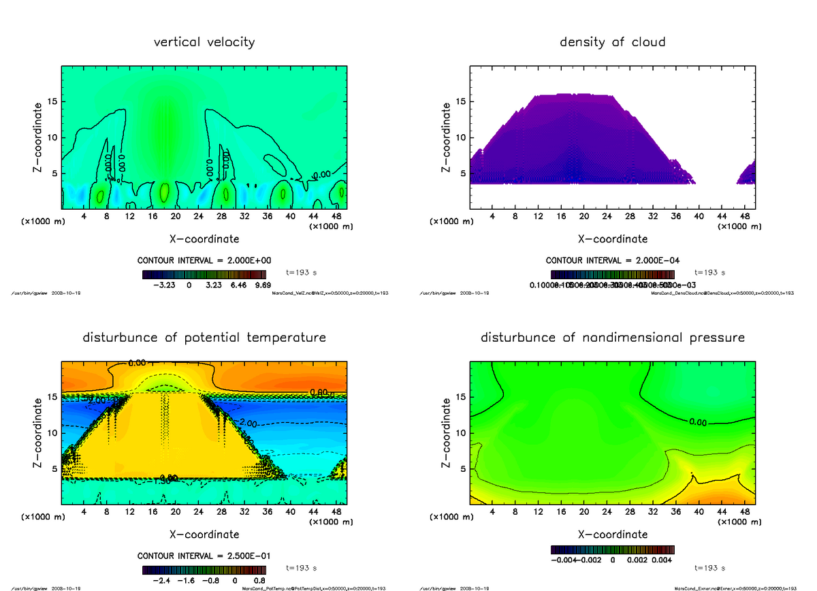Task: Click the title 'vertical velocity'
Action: (204, 42)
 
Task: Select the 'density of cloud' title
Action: (612, 42)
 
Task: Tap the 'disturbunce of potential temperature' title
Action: (204, 338)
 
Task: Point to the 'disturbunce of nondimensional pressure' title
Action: (612, 338)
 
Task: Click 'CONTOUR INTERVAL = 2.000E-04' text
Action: (612, 260)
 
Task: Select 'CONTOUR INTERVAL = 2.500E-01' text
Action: (204, 556)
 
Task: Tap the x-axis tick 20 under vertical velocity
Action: (175, 217)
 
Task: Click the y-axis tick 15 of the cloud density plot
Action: (462, 102)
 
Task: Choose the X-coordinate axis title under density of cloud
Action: (612, 239)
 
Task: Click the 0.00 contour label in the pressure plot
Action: (697, 422)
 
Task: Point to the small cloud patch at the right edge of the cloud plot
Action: (747, 174)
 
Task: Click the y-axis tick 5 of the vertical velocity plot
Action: (54, 173)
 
